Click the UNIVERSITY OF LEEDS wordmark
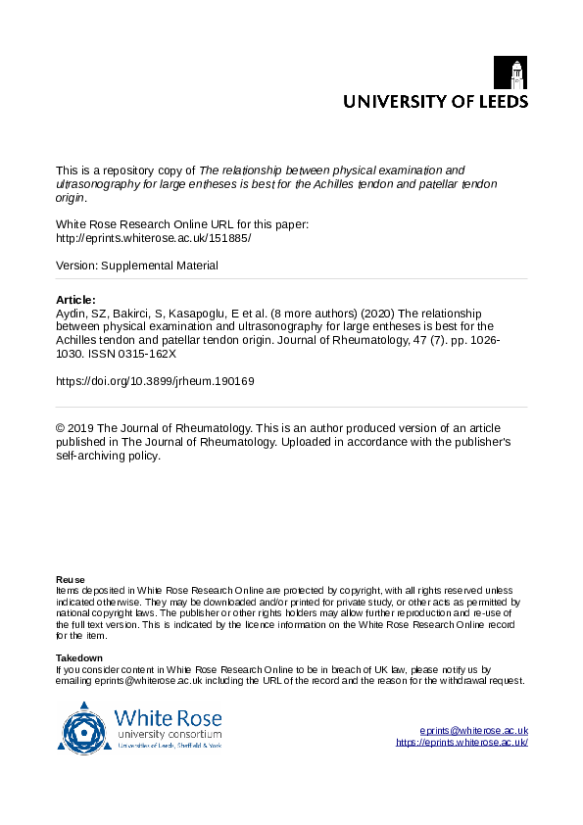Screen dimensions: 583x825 tap(434, 101)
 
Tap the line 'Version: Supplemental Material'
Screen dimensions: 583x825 tap(137, 266)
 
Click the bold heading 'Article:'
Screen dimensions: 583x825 tap(76, 300)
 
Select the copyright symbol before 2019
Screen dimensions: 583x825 tap(61, 429)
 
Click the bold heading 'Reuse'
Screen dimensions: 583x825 tap(70, 579)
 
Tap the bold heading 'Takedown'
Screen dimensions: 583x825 tap(79, 657)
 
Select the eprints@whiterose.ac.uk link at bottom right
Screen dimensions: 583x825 tap(473, 731)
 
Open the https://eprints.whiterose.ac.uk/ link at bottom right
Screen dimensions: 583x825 tap(462, 743)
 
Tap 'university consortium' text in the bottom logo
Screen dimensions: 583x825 tap(169, 734)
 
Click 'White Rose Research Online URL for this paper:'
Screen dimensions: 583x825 tap(182, 224)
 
